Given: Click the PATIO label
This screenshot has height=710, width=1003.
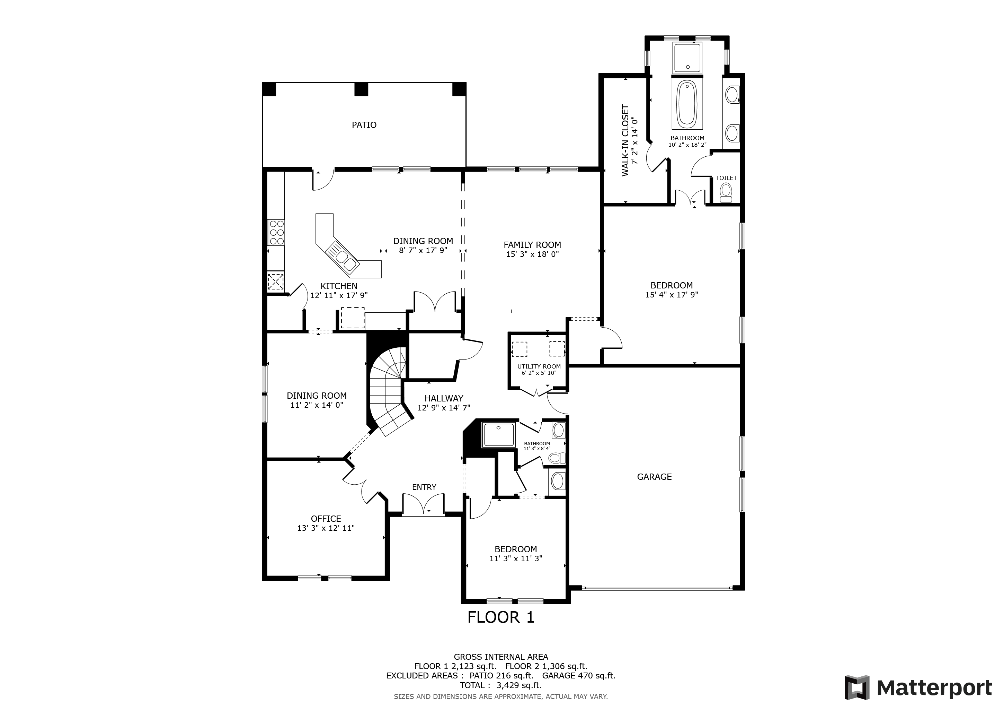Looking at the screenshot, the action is pyautogui.click(x=364, y=125).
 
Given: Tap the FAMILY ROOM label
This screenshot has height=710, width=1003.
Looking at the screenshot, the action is pyautogui.click(x=532, y=245).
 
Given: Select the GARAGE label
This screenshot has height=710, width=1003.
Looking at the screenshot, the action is pyautogui.click(x=654, y=477).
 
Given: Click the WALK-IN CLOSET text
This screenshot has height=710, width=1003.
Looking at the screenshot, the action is pyautogui.click(x=625, y=140).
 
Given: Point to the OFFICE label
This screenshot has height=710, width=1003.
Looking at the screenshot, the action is pyautogui.click(x=326, y=519).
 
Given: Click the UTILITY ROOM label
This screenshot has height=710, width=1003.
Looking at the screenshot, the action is pyautogui.click(x=539, y=366).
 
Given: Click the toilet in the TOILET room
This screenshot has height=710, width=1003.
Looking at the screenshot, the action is pyautogui.click(x=726, y=193).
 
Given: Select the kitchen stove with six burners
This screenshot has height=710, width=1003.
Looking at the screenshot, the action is pyautogui.click(x=276, y=232).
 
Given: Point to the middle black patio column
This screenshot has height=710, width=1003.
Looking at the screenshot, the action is pyautogui.click(x=361, y=89).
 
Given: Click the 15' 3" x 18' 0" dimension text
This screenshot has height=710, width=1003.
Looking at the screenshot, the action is pyautogui.click(x=532, y=254).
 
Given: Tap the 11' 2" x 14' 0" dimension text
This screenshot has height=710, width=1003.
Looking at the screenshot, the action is pyautogui.click(x=317, y=405).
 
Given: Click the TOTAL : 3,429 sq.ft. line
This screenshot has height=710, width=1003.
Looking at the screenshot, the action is pyautogui.click(x=500, y=685).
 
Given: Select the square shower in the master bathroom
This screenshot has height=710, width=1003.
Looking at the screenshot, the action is pyautogui.click(x=687, y=58).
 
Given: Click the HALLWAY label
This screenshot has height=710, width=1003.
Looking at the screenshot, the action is pyautogui.click(x=443, y=398).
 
